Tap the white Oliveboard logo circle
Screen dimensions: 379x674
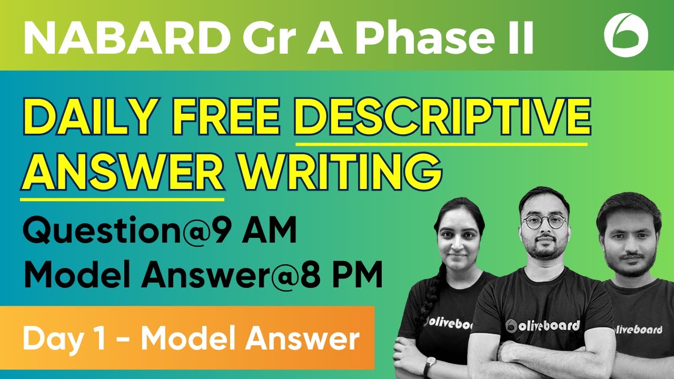coord(626,35)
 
